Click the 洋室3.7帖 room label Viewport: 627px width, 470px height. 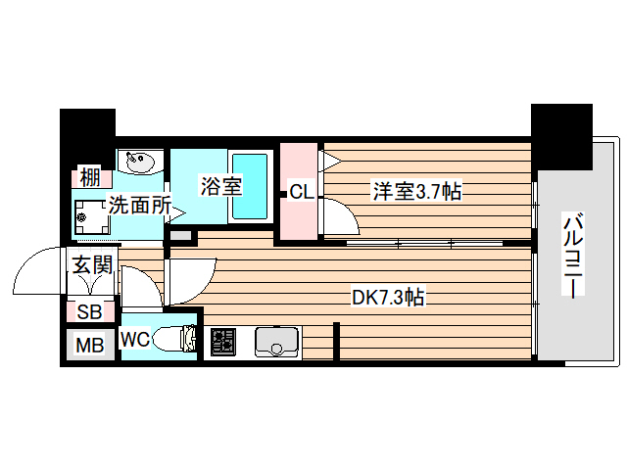click(x=416, y=191)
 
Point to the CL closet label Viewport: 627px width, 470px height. click(x=301, y=193)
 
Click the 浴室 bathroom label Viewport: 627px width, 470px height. click(x=220, y=186)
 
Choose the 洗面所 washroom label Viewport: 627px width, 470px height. click(x=140, y=207)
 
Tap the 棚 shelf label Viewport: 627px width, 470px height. click(x=90, y=178)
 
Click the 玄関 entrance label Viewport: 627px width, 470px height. click(x=93, y=263)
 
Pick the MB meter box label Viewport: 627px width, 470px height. click(x=90, y=347)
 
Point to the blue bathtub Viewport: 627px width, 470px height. click(x=252, y=185)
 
